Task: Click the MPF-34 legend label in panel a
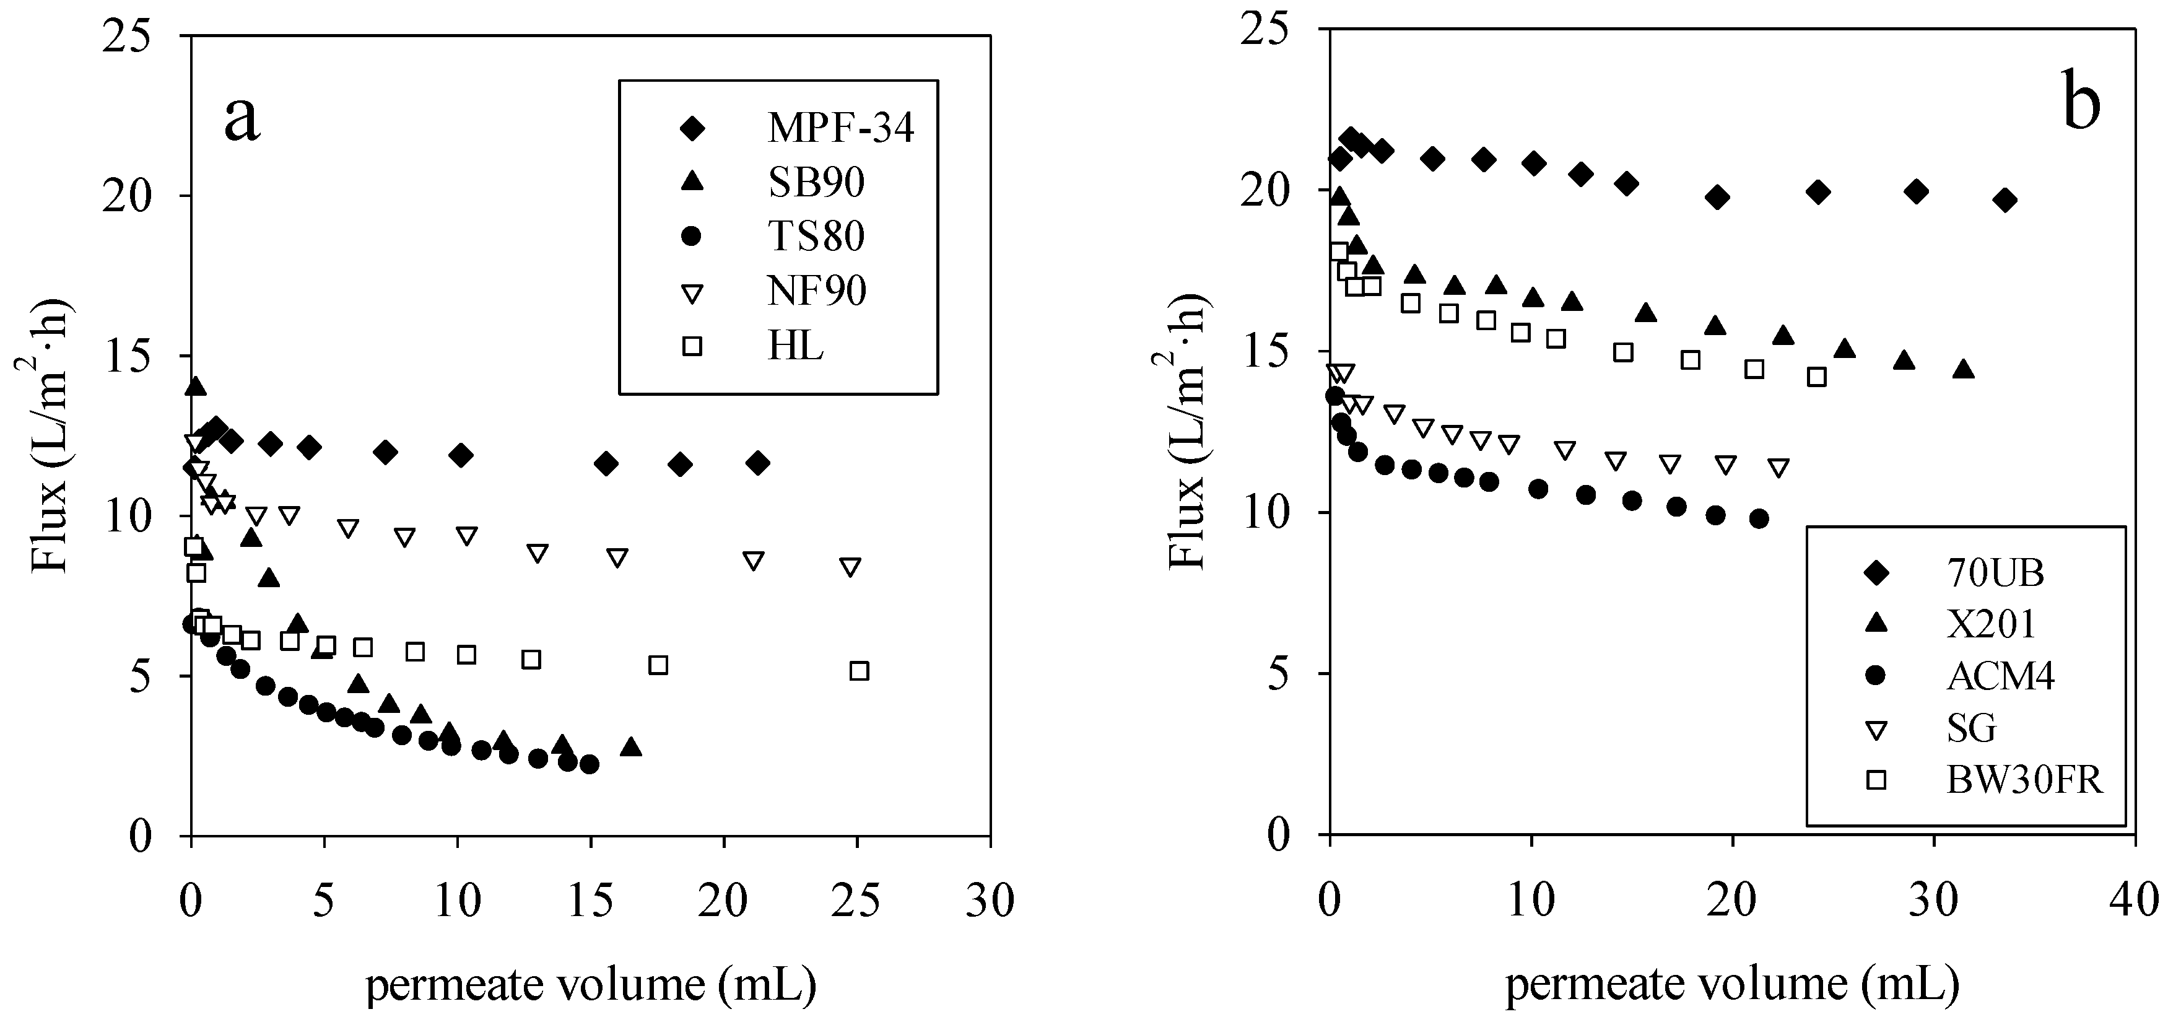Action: (x=840, y=129)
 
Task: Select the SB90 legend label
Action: (x=816, y=183)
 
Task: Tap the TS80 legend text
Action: (x=816, y=237)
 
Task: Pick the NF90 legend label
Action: (x=816, y=291)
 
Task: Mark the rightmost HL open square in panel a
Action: (x=858, y=671)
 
